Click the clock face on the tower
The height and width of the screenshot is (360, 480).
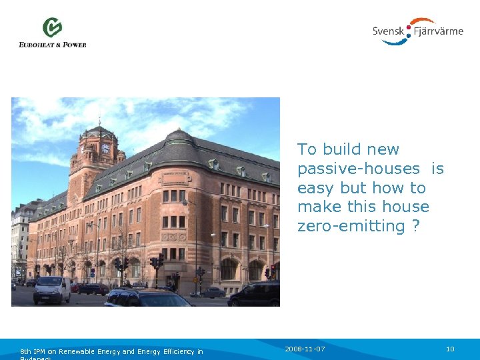coord(105,149)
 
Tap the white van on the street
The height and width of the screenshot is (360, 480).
coord(52,289)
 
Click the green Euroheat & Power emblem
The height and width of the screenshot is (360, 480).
coord(52,28)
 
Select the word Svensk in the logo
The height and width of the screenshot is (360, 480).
coord(388,31)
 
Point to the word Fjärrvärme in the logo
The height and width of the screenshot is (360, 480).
coord(439,31)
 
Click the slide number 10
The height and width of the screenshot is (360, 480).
coord(450,349)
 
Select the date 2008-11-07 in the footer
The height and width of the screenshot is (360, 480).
coord(305,349)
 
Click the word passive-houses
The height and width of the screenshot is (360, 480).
coord(359,169)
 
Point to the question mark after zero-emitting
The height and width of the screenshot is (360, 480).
coord(416,226)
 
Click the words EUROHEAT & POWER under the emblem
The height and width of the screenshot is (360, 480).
coord(53,45)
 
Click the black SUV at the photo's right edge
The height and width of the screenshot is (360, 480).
coord(257,293)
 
